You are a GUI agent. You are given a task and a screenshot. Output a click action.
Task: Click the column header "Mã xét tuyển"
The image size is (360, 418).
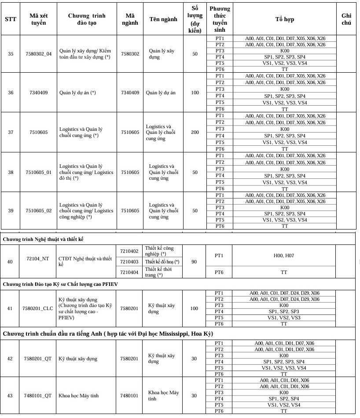tap(38, 19)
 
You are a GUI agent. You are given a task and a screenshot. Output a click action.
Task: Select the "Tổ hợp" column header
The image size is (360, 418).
tap(285, 19)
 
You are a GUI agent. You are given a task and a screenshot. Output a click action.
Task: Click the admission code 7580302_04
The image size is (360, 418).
tap(38, 54)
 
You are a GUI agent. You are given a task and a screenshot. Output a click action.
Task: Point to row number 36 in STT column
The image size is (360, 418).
tap(11, 92)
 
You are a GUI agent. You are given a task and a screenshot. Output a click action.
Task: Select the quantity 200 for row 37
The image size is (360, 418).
tap(195, 133)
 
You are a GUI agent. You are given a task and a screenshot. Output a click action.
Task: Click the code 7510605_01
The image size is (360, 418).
tap(38, 172)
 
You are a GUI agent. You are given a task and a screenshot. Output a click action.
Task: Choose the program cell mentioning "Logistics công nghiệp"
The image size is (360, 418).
tap(86, 211)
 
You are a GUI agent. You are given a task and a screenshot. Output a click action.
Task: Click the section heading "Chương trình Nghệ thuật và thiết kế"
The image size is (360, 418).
tap(43, 239)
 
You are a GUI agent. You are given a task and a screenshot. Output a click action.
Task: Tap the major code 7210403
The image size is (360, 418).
tap(129, 262)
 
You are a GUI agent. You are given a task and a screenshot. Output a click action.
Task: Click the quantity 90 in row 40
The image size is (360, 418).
tap(195, 262)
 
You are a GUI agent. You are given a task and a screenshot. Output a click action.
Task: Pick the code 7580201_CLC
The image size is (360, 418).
tap(38, 308)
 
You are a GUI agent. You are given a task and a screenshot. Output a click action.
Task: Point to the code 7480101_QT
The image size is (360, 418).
tap(38, 396)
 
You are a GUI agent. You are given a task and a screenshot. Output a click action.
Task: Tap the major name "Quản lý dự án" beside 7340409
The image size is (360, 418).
tap(161, 92)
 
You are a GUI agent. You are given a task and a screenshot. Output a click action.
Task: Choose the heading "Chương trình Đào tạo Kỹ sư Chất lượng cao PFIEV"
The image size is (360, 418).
tap(60, 284)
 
